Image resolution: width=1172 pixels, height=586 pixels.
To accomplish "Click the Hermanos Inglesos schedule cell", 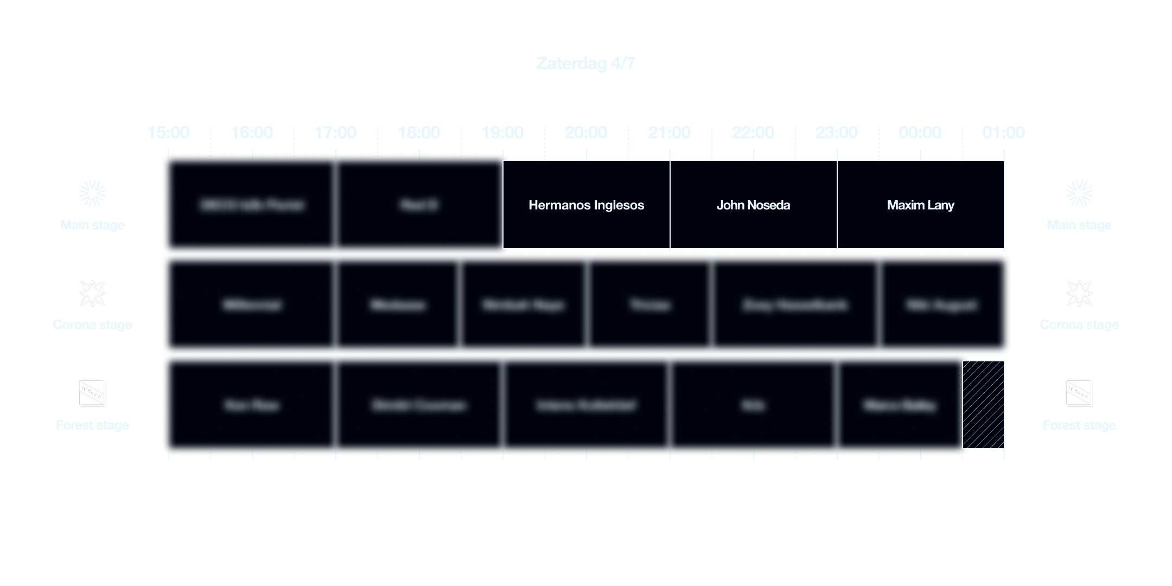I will tap(586, 205).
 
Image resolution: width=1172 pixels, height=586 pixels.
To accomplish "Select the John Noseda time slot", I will tap(753, 205).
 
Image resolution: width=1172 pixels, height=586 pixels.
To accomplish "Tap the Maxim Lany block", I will tap(920, 205).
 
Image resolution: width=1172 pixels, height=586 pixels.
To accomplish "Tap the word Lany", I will tap(941, 205).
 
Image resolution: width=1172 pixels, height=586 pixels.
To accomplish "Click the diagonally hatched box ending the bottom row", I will tap(983, 405).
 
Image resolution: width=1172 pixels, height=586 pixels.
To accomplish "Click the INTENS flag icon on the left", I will tap(92, 393).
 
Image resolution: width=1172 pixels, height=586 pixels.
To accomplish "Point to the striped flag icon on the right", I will tap(1079, 393).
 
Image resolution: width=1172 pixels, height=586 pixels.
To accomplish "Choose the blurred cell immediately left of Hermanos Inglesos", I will tap(419, 205).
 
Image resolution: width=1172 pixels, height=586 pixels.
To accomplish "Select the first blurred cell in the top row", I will tap(252, 205).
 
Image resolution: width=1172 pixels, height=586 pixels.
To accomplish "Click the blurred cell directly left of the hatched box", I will tap(899, 405).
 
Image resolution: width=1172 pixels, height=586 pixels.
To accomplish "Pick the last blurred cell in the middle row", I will tap(941, 305).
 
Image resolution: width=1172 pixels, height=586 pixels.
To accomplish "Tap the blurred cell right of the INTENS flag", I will tap(252, 405).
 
